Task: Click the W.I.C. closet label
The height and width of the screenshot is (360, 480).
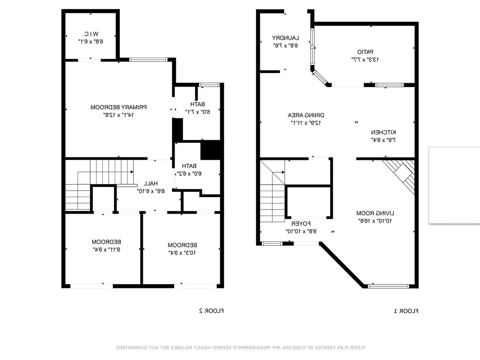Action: [91, 34]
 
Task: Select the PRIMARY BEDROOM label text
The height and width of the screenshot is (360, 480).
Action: [119, 107]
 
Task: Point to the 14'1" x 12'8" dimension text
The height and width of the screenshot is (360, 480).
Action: [119, 115]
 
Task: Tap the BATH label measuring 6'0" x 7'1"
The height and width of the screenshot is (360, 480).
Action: [198, 104]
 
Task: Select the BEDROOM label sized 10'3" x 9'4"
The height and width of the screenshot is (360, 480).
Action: [182, 245]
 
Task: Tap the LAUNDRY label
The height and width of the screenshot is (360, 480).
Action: [285, 38]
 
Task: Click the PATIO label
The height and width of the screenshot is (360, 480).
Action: [365, 52]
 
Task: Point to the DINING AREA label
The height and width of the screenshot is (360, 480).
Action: [306, 115]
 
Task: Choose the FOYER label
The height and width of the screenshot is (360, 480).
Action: [301, 224]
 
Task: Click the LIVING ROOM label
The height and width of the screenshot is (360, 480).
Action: [375, 213]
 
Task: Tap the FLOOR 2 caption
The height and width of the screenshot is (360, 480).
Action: [211, 311]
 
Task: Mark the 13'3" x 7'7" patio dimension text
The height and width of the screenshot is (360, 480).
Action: [365, 60]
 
